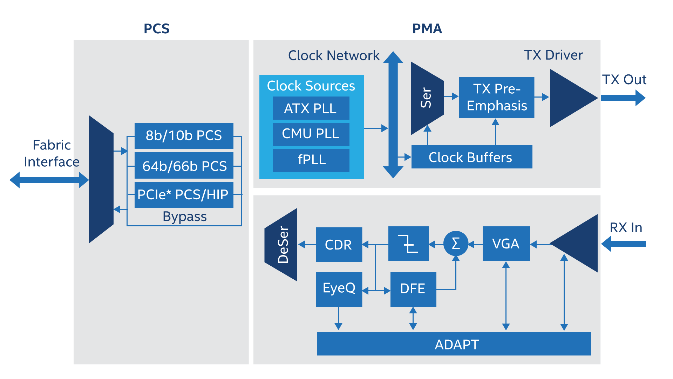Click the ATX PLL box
(311, 108)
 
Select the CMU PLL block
(311, 134)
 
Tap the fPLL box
(311, 160)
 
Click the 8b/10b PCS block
(184, 135)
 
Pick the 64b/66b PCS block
(184, 166)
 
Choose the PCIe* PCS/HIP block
(184, 194)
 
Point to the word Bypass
(184, 217)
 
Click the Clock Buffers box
(471, 157)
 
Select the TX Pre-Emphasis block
(496, 98)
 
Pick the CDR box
(339, 244)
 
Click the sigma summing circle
(456, 243)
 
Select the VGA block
(506, 244)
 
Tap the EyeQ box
(339, 289)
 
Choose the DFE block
(413, 289)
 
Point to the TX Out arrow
(623, 98)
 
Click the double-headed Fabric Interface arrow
(49, 180)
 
